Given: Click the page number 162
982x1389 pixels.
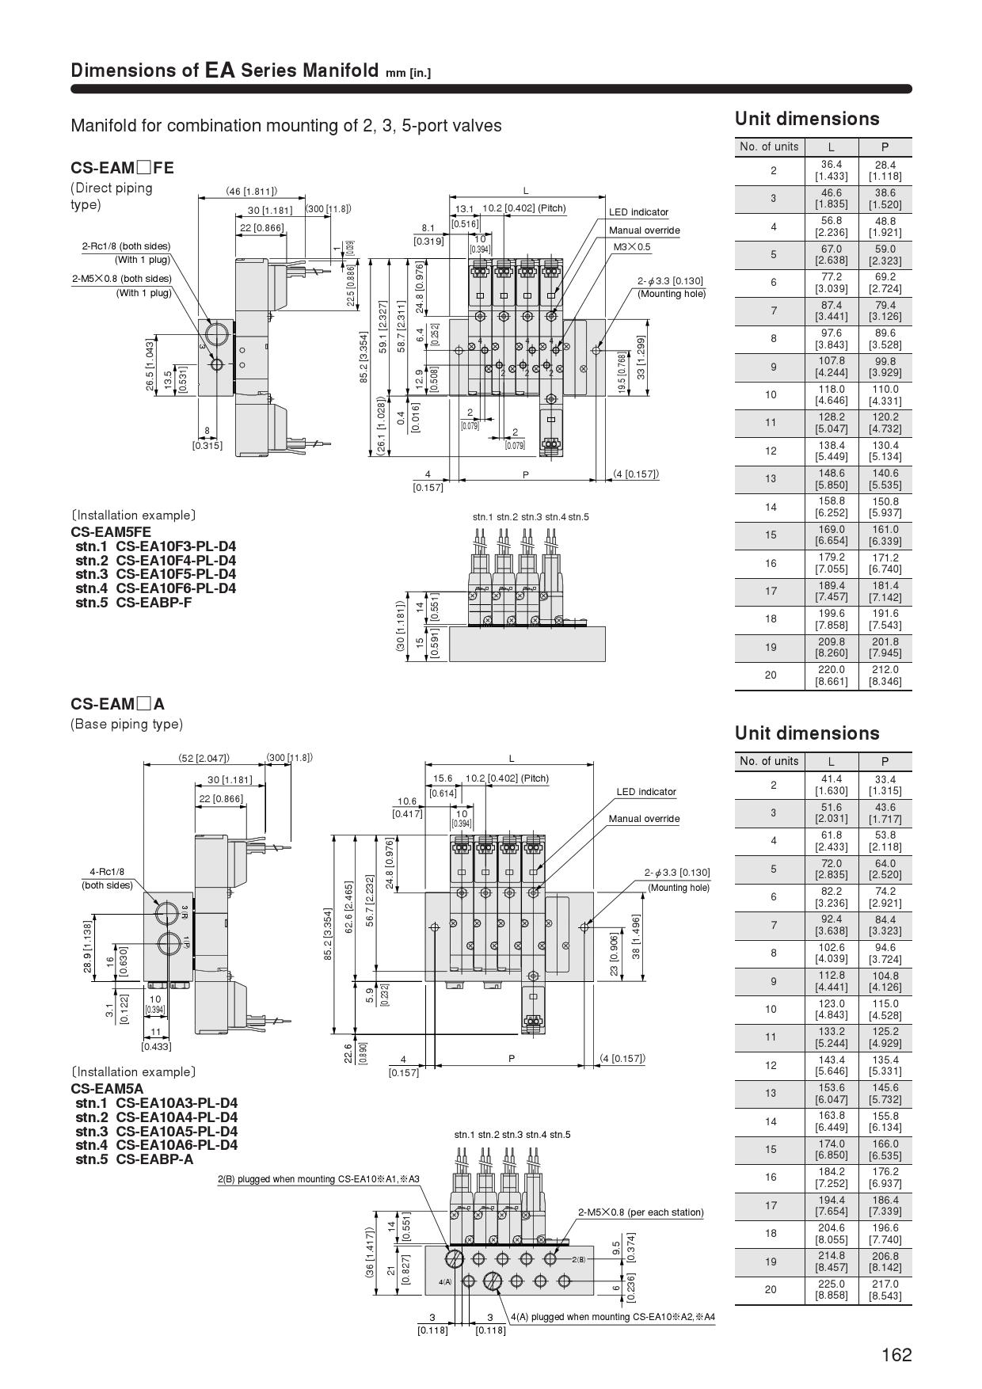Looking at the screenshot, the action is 896,1355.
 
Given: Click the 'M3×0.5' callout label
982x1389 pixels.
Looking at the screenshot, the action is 632,247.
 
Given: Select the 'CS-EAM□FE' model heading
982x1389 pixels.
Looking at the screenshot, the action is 122,168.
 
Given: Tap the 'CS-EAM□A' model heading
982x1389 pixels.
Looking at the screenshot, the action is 118,704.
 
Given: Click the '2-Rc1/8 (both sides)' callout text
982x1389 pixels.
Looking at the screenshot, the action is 126,246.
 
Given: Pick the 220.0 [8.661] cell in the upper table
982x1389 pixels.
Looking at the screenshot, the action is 832,675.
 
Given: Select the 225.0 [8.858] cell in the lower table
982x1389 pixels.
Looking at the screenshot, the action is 832,1289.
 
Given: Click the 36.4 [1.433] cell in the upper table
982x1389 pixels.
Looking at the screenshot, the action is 832,170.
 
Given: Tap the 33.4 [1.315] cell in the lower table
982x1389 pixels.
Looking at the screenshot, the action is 885,785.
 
